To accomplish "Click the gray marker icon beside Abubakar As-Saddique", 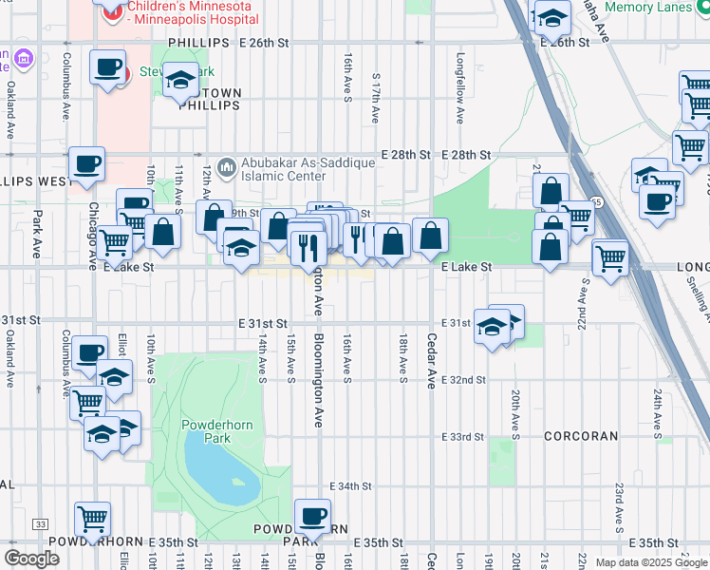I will coord(226,168).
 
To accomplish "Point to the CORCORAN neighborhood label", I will coord(581,436).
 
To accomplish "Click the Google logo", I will coord(31,559).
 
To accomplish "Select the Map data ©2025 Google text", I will coord(650,562).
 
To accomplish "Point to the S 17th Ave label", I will coord(376,98).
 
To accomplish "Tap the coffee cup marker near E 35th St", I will coord(312,517).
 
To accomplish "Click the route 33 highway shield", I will coord(40,523).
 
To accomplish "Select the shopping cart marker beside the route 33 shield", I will coord(92,519).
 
